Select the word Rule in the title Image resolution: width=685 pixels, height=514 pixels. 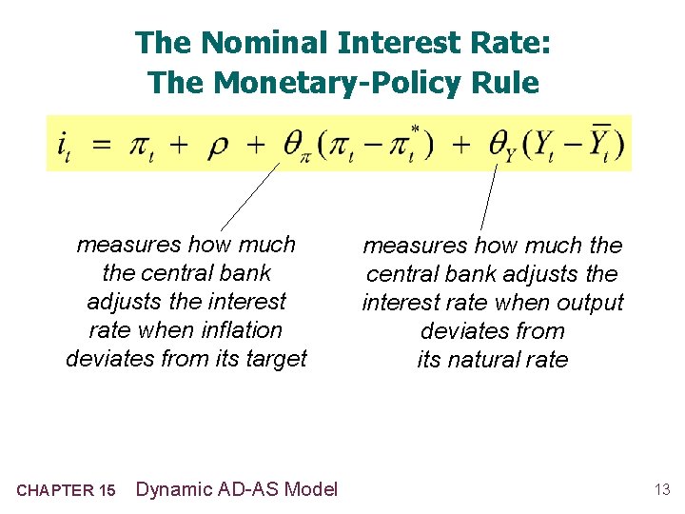click(x=510, y=83)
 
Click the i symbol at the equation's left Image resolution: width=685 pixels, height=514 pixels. click(x=63, y=146)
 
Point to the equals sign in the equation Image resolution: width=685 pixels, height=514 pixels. click(x=102, y=145)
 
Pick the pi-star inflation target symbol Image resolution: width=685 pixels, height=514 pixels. click(x=409, y=143)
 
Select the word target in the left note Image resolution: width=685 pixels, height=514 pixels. click(x=276, y=359)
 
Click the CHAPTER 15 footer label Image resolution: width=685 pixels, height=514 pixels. click(x=66, y=490)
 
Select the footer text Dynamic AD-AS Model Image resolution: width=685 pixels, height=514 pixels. click(x=237, y=489)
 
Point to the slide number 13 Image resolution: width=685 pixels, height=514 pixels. click(x=662, y=490)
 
